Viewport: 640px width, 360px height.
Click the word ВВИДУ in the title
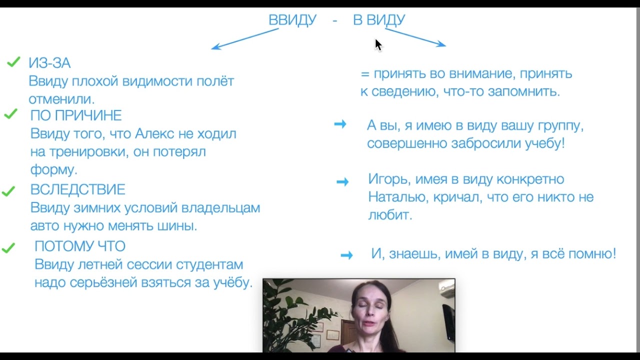coord(292,20)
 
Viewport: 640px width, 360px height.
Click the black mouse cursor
coord(378,44)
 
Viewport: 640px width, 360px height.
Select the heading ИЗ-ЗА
coord(49,63)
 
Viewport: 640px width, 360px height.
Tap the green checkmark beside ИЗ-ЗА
coord(13,62)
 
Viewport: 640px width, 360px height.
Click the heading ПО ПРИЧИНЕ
coord(76,115)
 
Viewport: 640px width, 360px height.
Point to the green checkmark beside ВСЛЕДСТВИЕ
coord(8,191)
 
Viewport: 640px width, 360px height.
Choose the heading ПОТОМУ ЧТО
coord(80,246)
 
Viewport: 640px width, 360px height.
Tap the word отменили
coord(61,99)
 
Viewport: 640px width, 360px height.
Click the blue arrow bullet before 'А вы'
coord(340,124)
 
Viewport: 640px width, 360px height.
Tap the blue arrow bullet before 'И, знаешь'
coord(346,255)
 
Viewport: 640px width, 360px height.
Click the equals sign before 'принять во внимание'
coord(364,74)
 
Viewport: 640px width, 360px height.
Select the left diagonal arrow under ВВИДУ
coord(244,39)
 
